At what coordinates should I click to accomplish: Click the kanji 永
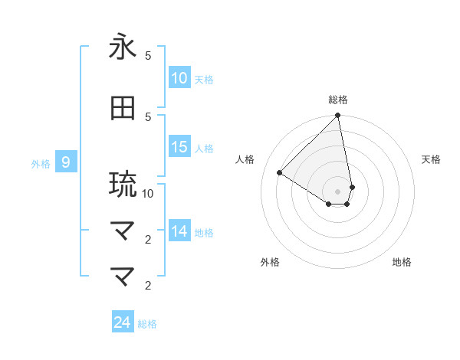pyautogui.click(x=123, y=47)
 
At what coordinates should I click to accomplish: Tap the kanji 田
pyautogui.click(x=123, y=109)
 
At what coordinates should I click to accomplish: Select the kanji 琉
pyautogui.click(x=123, y=184)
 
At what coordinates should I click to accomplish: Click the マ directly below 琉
pyautogui.click(x=123, y=229)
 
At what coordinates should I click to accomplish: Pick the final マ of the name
pyautogui.click(x=123, y=275)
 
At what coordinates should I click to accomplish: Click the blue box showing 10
pyautogui.click(x=179, y=78)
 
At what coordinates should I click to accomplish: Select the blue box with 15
pyautogui.click(x=179, y=147)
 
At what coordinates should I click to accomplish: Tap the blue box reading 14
pyautogui.click(x=179, y=231)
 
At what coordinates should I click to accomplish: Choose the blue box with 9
pyautogui.click(x=66, y=162)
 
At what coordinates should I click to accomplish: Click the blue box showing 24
pyautogui.click(x=123, y=322)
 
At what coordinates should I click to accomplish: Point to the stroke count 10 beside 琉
pyautogui.click(x=148, y=194)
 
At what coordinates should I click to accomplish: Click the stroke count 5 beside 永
pyautogui.click(x=148, y=56)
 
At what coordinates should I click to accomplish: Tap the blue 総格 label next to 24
pyautogui.click(x=147, y=324)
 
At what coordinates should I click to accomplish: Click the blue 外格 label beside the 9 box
pyautogui.click(x=40, y=163)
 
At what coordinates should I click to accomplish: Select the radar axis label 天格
pyautogui.click(x=431, y=159)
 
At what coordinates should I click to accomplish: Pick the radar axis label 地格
pyautogui.click(x=402, y=262)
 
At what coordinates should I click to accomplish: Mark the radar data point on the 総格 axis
pyautogui.click(x=338, y=116)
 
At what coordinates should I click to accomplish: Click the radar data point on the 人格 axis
pyautogui.click(x=280, y=172)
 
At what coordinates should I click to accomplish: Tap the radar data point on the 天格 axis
pyautogui.click(x=352, y=187)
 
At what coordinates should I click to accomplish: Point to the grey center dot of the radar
pyautogui.click(x=338, y=191)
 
